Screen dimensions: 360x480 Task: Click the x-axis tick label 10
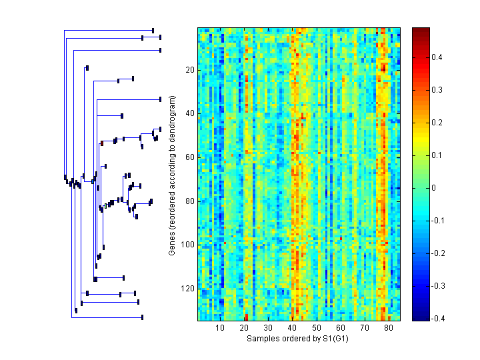pyautogui.click(x=219, y=328)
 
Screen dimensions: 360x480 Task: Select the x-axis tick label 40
pyautogui.click(x=292, y=328)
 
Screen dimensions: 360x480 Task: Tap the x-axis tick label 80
pyautogui.click(x=389, y=328)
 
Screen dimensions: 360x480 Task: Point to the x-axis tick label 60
pyautogui.click(x=341, y=328)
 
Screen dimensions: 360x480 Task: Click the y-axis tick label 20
pyautogui.click(x=189, y=70)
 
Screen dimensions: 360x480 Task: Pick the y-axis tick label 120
pyautogui.click(x=187, y=289)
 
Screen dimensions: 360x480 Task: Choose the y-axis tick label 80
pyautogui.click(x=189, y=201)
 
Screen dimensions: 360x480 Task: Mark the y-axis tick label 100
pyautogui.click(x=187, y=245)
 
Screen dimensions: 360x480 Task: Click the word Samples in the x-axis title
pyautogui.click(x=262, y=339)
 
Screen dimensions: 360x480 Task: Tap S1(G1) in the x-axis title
pyautogui.click(x=335, y=339)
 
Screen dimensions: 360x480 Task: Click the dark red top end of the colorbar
pyautogui.click(x=421, y=30)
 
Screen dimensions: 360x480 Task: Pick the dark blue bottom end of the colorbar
pyautogui.click(x=421, y=318)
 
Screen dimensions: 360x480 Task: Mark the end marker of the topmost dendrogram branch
pyautogui.click(x=153, y=30)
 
